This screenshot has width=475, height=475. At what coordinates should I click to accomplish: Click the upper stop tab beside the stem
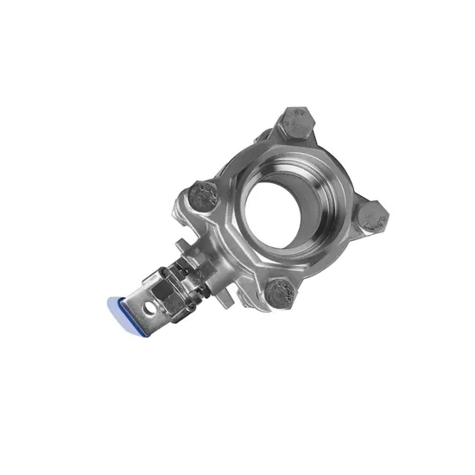193,247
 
